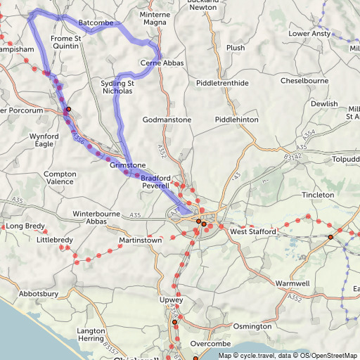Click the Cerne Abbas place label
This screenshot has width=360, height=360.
click(162, 63)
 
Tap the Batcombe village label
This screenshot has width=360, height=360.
click(96, 23)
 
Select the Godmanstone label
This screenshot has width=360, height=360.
click(167, 120)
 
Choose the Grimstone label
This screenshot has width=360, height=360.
click(128, 165)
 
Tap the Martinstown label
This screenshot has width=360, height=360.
click(141, 240)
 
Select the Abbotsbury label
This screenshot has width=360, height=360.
click(43, 294)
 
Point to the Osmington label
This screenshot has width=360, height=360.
click(252, 326)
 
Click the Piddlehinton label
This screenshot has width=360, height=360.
click(237, 120)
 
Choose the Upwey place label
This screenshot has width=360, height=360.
click(171, 300)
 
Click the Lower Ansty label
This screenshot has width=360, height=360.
click(309, 33)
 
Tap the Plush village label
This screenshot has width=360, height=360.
click(236, 48)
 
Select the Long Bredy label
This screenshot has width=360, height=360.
click(24, 226)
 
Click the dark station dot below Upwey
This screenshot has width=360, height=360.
click(174, 322)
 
